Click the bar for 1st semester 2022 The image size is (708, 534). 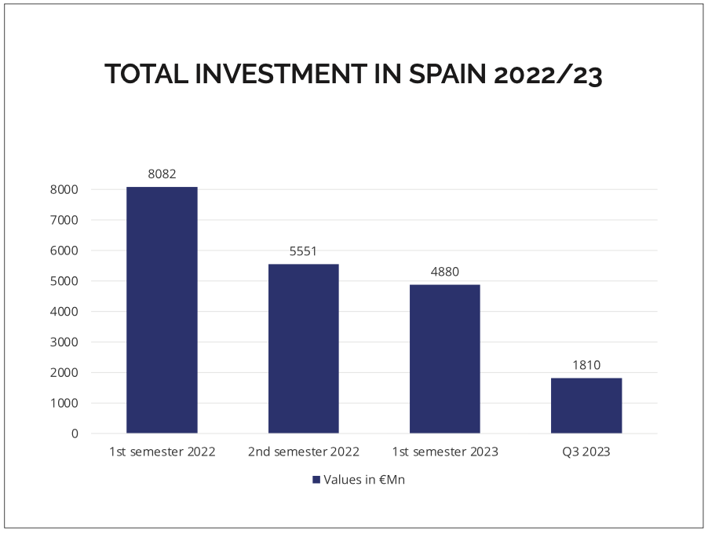coord(162,309)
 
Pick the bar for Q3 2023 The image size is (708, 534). coord(586,405)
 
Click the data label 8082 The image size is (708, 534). coord(162,174)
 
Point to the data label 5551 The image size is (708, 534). coord(303,251)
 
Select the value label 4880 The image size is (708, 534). coord(444,272)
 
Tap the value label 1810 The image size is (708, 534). coord(586,365)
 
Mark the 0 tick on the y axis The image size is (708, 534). coord(75,433)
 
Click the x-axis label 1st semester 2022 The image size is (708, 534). coord(162,452)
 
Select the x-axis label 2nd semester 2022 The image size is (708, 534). coord(303,452)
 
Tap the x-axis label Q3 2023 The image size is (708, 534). coord(586,452)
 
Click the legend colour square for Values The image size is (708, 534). coord(316,480)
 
